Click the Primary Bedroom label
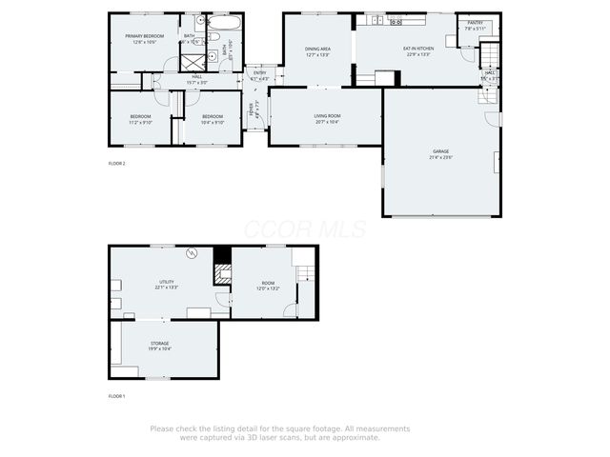click(x=145, y=36)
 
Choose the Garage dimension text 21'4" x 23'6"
click(x=439, y=156)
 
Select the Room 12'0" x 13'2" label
click(x=269, y=282)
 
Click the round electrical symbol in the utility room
click(x=191, y=253)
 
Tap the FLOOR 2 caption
click(x=116, y=163)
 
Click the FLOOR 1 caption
click(x=116, y=395)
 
